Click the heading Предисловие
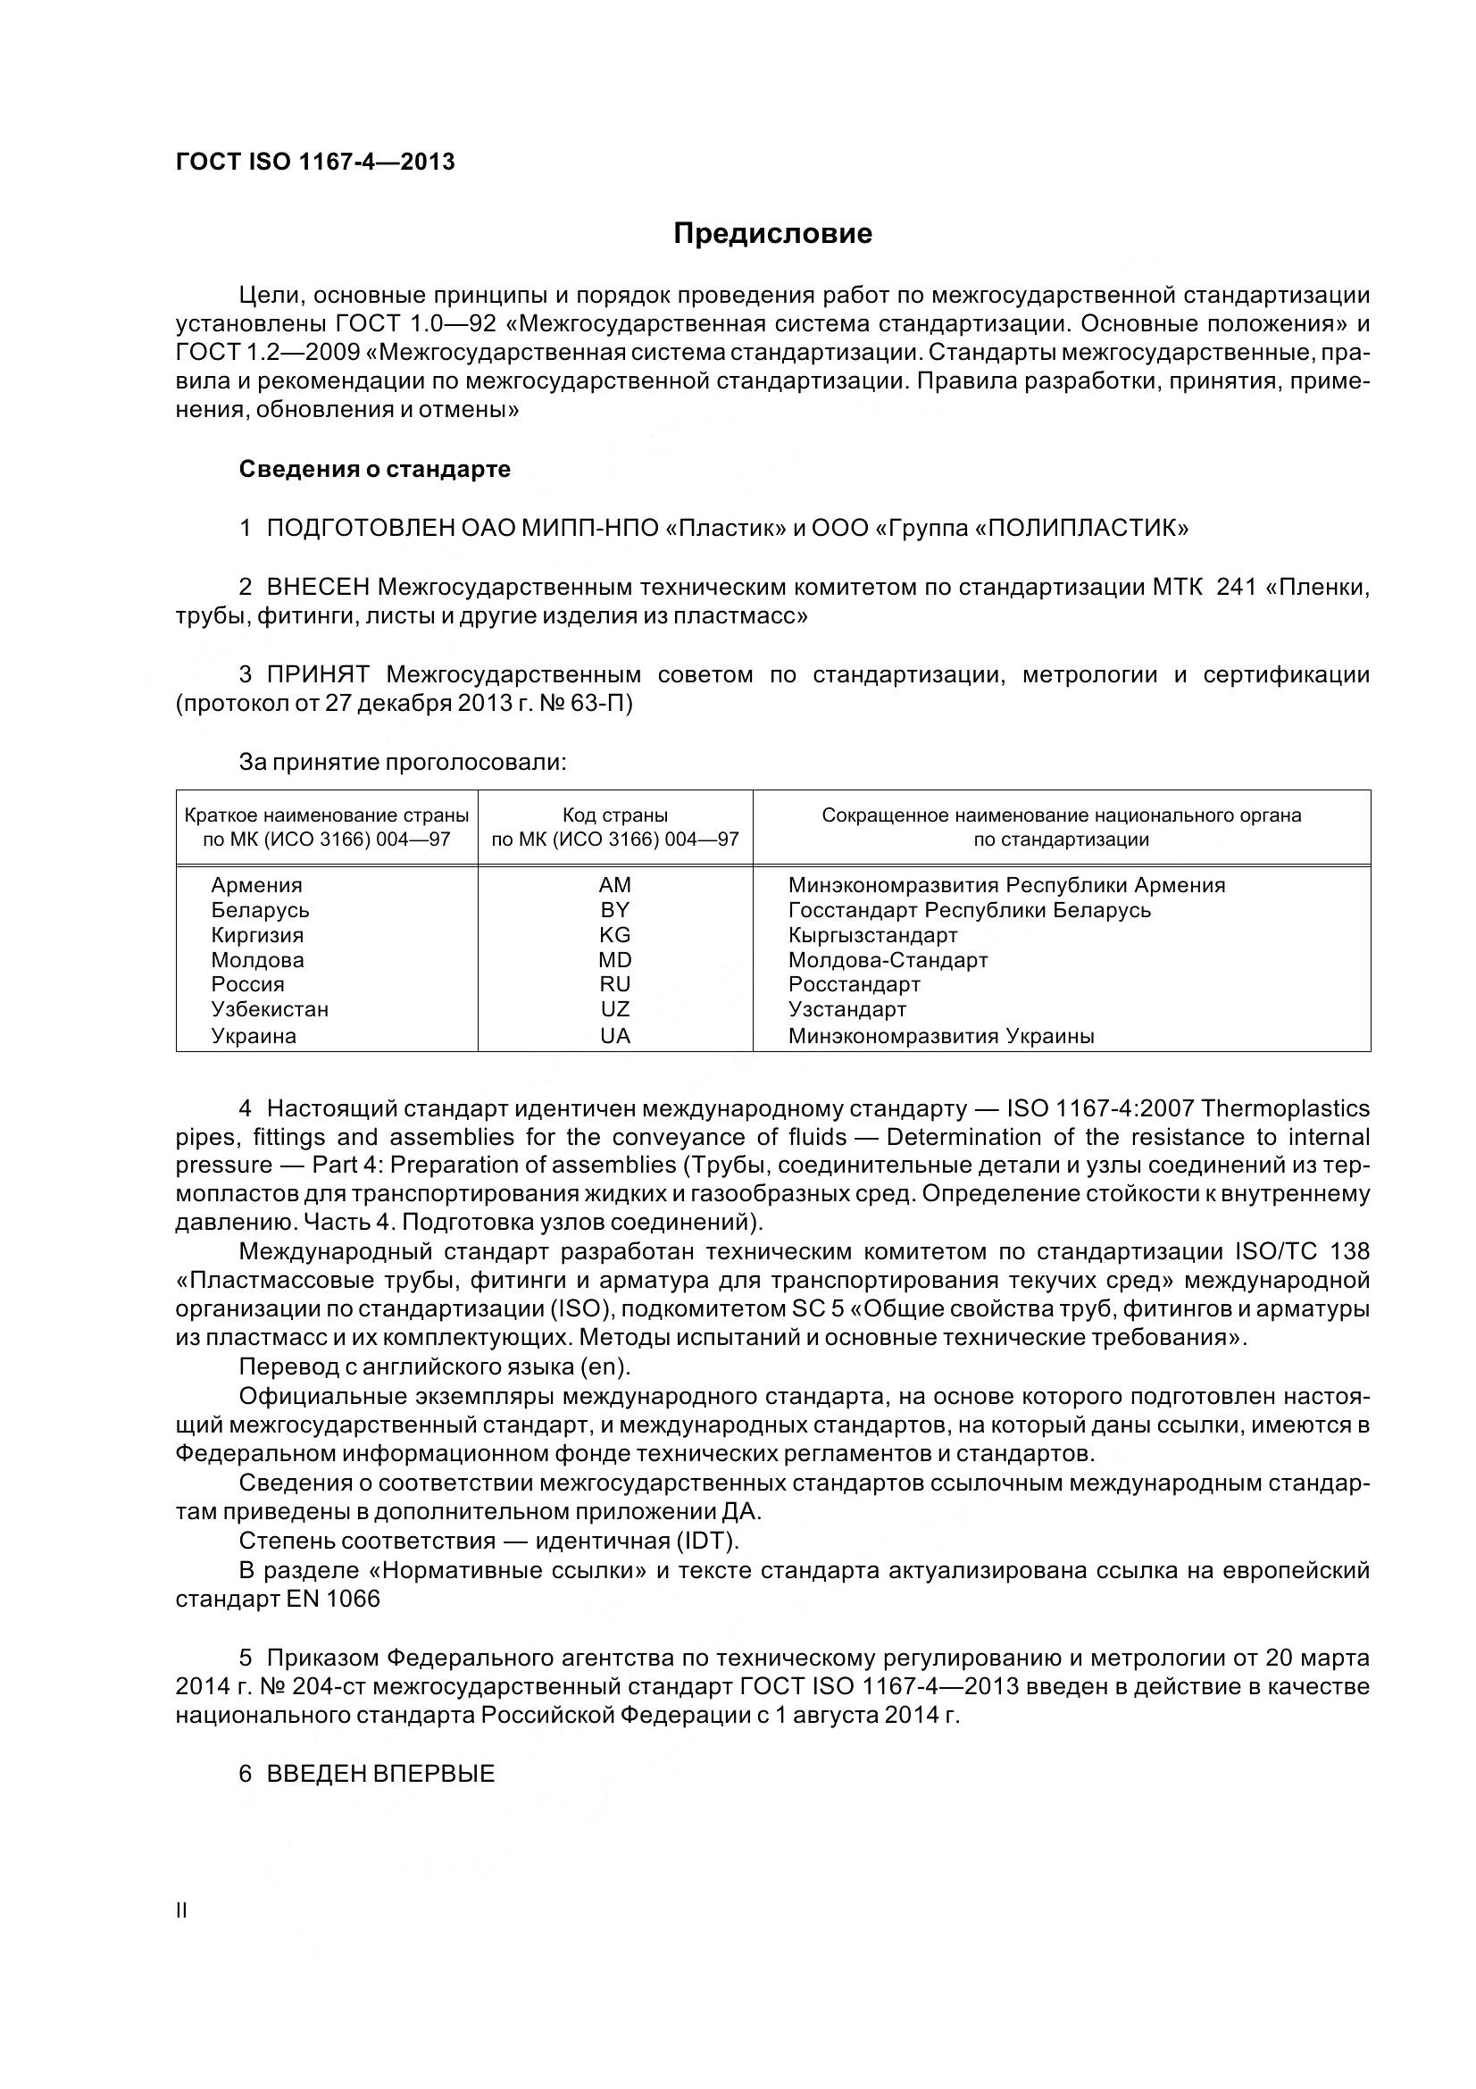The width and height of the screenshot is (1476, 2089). pos(772,234)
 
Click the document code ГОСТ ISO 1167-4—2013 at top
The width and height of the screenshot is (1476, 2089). pos(314,162)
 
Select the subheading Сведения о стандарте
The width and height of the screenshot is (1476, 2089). pos(374,469)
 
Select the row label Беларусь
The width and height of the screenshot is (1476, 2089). pos(260,910)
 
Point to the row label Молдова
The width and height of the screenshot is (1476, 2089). pos(257,960)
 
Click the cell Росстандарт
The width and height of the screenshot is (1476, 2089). pos(854,984)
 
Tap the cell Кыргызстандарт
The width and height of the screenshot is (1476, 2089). pos(872,934)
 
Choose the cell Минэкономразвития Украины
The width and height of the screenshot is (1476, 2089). pos(941,1035)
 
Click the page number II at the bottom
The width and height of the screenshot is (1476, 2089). pos(181,1910)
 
